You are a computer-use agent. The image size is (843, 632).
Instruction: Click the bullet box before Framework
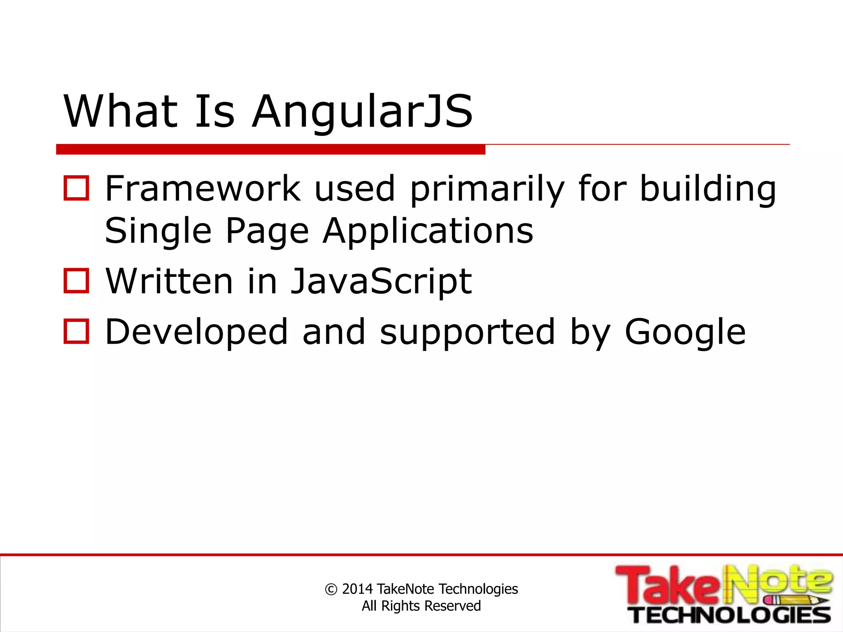76,188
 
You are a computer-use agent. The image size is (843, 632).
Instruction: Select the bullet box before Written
76,281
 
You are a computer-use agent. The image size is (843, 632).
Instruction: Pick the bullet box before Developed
76,331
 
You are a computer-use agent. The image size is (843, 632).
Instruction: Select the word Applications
428,232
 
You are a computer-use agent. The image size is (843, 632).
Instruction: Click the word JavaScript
381,282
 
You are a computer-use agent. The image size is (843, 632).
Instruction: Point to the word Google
685,332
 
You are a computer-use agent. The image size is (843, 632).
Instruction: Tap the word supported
468,332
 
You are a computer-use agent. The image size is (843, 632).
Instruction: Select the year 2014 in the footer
357,589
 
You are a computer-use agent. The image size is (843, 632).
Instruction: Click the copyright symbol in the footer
331,589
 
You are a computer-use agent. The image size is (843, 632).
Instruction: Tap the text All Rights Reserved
421,606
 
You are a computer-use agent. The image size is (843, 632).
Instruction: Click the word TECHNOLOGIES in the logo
731,615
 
